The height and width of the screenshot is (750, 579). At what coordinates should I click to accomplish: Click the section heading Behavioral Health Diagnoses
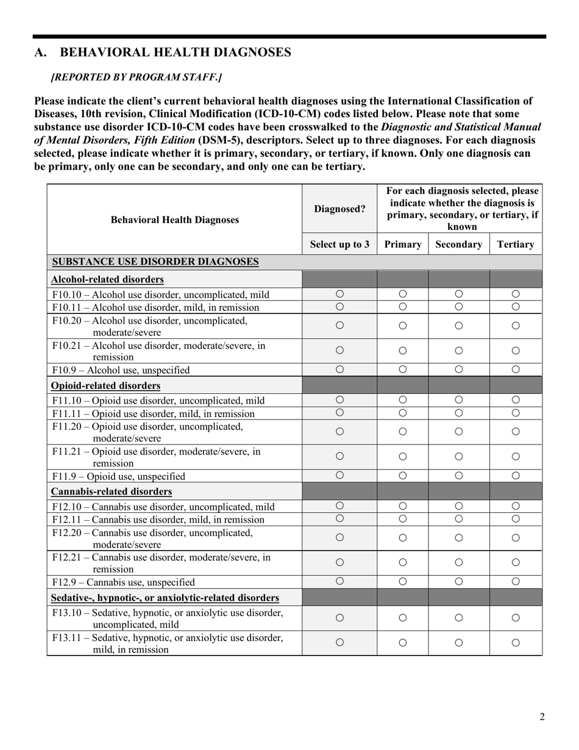163,52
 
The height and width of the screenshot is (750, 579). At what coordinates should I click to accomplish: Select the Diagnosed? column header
339,209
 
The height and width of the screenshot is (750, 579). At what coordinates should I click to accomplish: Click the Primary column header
402,245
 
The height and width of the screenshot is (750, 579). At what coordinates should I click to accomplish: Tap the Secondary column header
459,245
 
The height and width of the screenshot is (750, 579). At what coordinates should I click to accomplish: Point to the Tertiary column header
516,245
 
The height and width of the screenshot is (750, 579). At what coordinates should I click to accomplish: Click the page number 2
542,716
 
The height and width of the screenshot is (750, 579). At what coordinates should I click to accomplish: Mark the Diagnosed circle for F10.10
339,294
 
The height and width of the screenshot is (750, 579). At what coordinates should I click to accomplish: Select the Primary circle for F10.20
402,326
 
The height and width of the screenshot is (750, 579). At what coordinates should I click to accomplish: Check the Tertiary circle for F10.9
516,370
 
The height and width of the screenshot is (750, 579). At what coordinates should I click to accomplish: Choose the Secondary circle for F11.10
459,400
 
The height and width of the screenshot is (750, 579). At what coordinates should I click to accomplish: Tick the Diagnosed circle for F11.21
339,456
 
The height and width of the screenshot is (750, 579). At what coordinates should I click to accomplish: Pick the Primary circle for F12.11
402,519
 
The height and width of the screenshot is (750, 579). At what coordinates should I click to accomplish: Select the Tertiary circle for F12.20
516,538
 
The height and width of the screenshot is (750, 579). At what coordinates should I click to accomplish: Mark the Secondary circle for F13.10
459,618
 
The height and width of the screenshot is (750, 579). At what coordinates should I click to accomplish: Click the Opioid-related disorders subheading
106,386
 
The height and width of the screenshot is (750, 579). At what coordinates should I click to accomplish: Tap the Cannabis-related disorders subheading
112,491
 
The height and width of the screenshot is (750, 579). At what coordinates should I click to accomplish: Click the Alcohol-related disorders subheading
107,279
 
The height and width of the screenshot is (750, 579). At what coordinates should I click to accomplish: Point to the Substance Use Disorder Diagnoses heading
155,262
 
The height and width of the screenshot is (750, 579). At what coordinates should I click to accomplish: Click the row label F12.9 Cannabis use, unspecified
124,582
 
